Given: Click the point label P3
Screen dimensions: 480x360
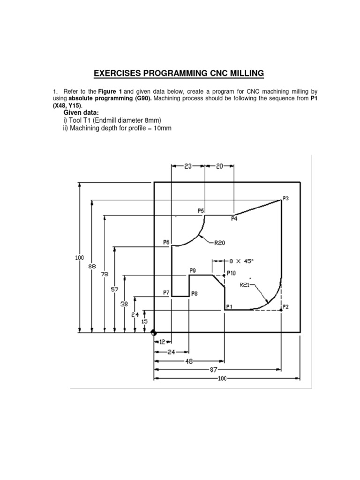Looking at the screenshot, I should (286, 198).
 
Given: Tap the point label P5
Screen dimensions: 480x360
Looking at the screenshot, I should (201, 210).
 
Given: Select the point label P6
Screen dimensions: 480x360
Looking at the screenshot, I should (166, 242).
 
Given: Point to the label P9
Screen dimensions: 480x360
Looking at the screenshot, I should (193, 270).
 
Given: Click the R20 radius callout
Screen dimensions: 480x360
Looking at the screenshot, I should (220, 243).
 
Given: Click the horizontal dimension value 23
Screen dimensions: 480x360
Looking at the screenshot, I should (188, 166).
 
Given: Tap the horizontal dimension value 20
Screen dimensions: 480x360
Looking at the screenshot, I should (220, 166).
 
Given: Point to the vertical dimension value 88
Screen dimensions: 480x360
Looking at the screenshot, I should (92, 266).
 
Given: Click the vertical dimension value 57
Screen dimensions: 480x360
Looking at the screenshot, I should (114, 290).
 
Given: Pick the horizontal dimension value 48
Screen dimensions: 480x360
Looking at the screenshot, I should (189, 361).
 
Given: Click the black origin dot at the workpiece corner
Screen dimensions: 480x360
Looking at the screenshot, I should (154, 333).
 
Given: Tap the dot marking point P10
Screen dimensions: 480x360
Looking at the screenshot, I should (224, 276).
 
